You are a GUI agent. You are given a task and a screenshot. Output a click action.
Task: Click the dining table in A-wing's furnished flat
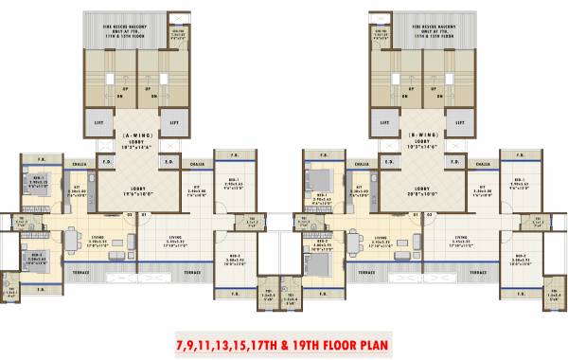click(x=68, y=240)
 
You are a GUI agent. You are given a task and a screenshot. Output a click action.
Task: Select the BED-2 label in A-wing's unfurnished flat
click(x=232, y=256)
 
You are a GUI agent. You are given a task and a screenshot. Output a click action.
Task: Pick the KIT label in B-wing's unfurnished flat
click(x=482, y=188)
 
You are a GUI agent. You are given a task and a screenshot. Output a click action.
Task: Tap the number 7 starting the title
click(x=180, y=341)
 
